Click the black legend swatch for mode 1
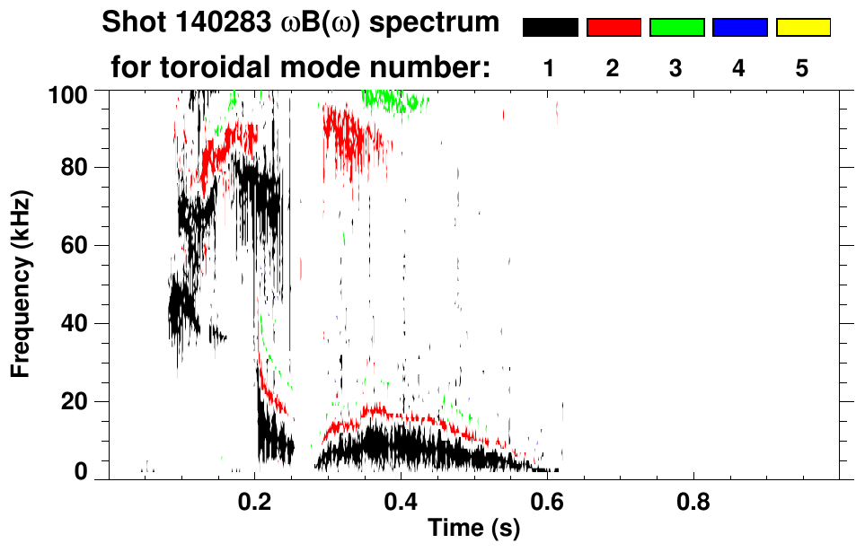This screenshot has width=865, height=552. click(550, 28)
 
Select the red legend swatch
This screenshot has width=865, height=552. click(613, 28)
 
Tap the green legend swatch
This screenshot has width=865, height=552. click(676, 28)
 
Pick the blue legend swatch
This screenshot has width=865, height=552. click(739, 28)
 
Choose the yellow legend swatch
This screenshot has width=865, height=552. click(803, 28)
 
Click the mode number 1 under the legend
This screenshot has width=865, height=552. click(550, 68)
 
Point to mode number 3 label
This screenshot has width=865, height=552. click(676, 68)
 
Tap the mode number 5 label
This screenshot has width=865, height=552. click(803, 68)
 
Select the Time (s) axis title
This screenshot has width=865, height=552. click(472, 530)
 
